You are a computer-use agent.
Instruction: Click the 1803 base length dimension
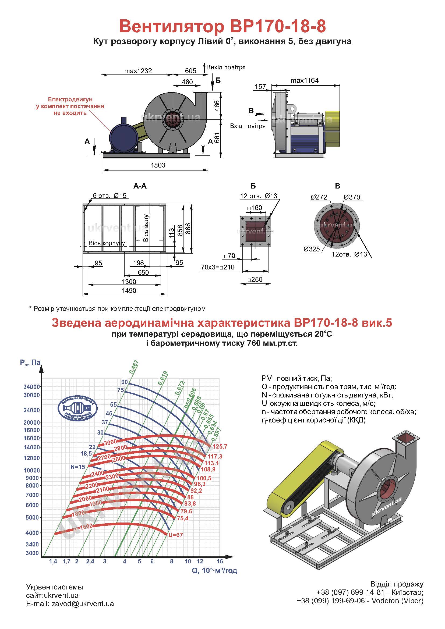tap(158, 165)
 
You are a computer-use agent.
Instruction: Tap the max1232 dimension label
tap(138, 71)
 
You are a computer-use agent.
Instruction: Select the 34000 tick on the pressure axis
tap(32, 387)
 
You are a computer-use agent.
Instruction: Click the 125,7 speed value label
tap(220, 447)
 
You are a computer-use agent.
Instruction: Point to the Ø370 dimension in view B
tap(352, 197)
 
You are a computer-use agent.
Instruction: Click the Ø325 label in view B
tap(312, 249)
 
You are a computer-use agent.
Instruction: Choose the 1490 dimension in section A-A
tap(129, 290)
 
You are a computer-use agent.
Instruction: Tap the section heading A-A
tap(140, 186)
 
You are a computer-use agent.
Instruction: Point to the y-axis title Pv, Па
tap(30, 363)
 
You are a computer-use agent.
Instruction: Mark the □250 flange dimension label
tap(255, 280)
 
